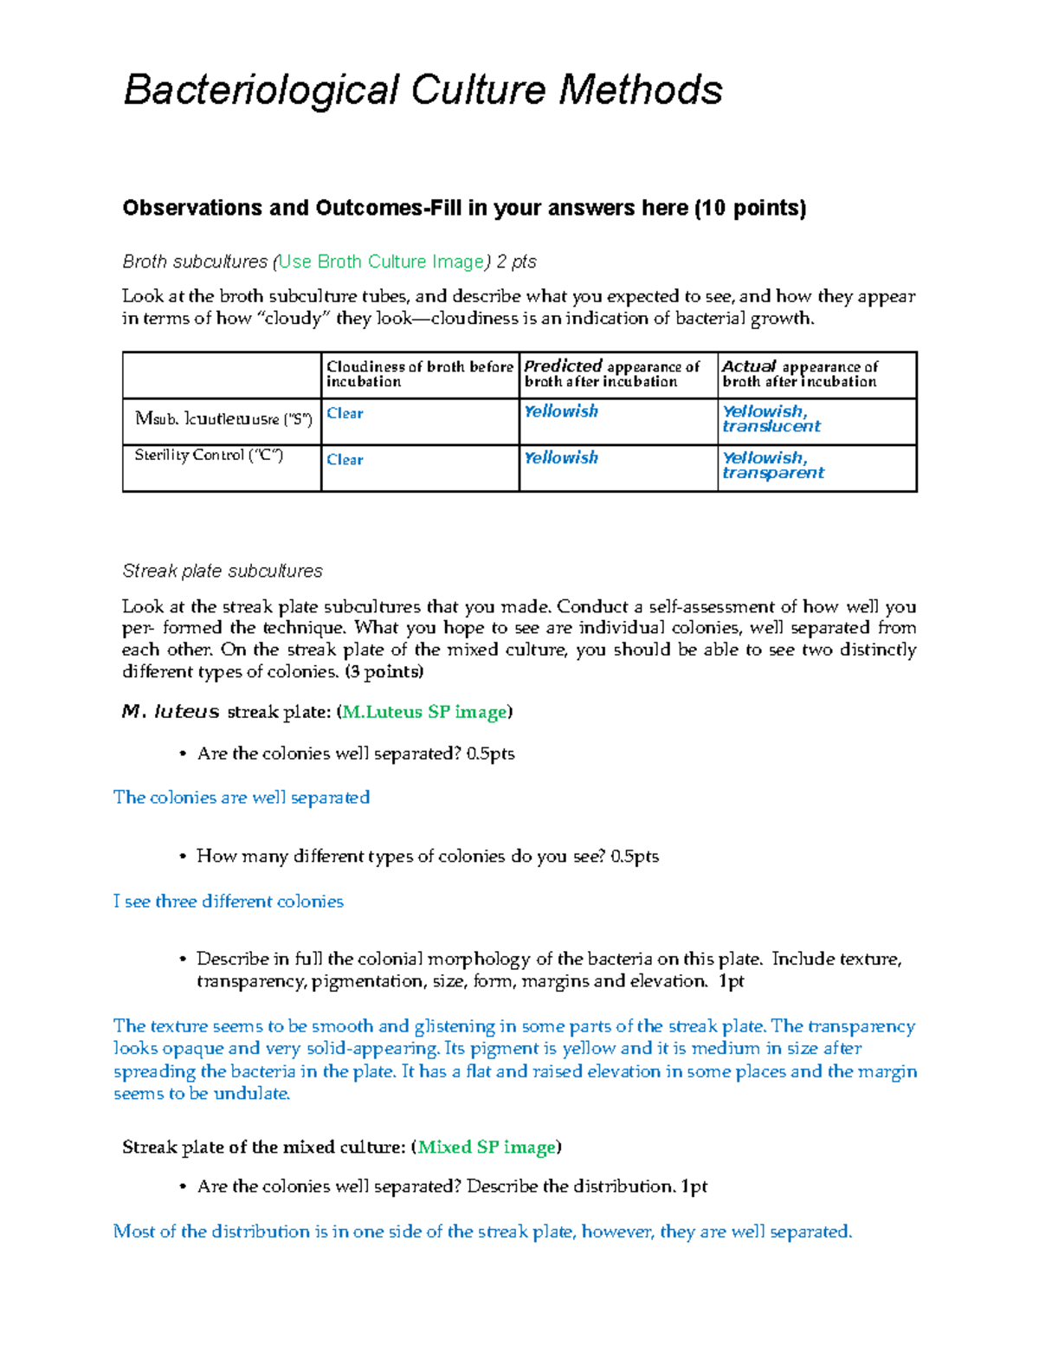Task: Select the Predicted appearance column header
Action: (612, 374)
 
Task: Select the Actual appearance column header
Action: (801, 374)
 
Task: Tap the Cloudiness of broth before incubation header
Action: (419, 374)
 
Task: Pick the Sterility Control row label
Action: (209, 456)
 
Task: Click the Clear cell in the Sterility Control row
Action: (345, 460)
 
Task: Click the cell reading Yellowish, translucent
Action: (771, 418)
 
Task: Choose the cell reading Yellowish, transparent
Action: (772, 465)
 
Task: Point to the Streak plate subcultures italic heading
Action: (223, 571)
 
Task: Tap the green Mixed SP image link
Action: (487, 1147)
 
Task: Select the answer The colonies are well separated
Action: (242, 798)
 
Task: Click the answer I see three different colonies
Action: (229, 902)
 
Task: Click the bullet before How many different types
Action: (183, 857)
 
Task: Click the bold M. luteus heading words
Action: (171, 712)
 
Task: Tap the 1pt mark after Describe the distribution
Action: (694, 1187)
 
